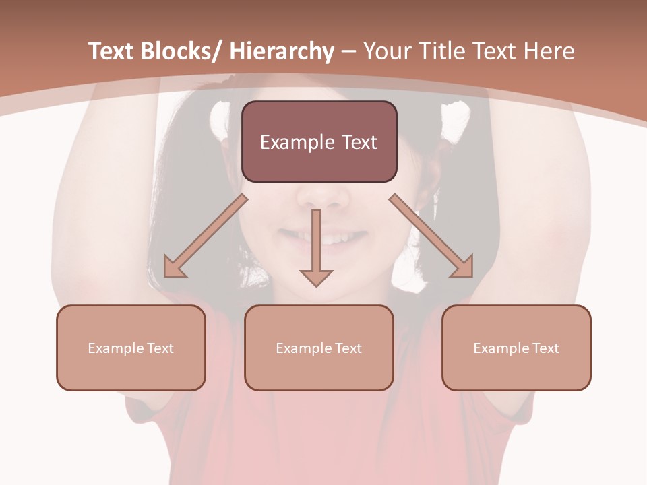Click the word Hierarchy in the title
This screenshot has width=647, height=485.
(282, 52)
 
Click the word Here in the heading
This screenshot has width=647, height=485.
(549, 52)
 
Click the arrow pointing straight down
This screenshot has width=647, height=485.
(316, 249)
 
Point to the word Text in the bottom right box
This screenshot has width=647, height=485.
(545, 348)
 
